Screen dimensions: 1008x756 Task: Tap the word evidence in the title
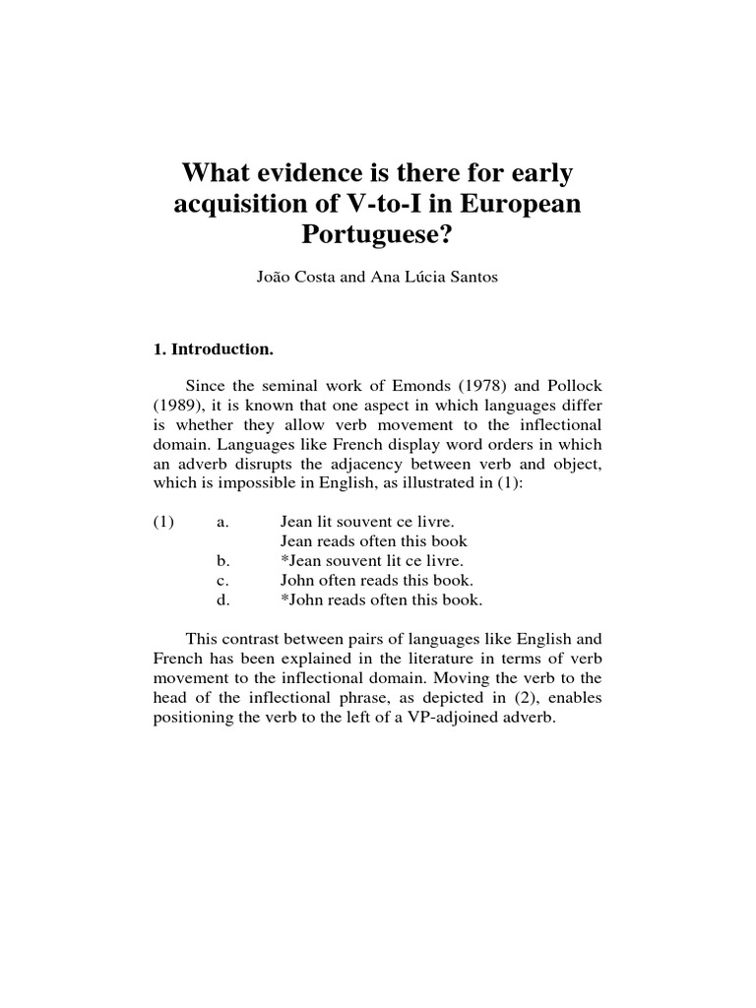point(308,176)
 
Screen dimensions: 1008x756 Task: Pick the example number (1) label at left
point(163,523)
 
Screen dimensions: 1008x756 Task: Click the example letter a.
point(222,523)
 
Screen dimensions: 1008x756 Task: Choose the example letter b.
point(222,561)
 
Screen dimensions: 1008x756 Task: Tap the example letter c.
point(222,580)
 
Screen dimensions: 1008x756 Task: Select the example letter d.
point(222,599)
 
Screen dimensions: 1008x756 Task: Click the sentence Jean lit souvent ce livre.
point(360,523)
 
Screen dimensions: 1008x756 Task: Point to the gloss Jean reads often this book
point(373,541)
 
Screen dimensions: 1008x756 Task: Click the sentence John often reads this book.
point(377,580)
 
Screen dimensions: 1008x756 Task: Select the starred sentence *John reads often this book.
point(381,599)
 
